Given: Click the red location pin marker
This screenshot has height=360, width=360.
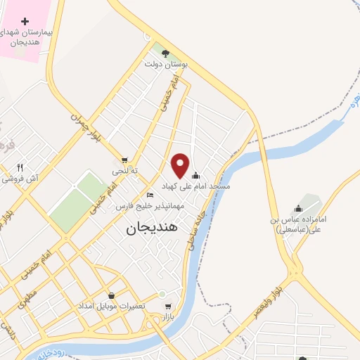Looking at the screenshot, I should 181,165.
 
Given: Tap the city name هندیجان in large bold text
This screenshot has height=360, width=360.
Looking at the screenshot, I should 153,229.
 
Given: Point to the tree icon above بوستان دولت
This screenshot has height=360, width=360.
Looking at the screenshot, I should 165,53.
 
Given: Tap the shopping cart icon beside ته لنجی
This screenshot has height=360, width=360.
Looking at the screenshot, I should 124,160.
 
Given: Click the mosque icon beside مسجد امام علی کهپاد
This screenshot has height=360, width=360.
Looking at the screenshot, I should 195,175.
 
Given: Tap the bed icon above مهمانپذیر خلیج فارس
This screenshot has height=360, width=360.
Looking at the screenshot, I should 149,195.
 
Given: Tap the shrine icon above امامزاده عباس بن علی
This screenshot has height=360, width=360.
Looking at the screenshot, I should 298,208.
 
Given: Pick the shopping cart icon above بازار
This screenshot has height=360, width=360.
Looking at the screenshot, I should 167,307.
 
